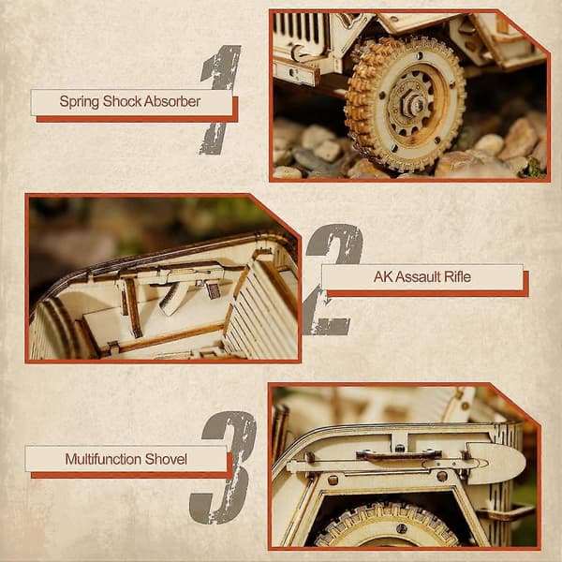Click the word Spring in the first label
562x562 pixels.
click(80, 102)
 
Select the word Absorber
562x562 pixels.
click(172, 101)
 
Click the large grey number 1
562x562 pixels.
click(219, 99)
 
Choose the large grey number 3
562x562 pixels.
click(224, 467)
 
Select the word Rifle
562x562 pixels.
click(457, 276)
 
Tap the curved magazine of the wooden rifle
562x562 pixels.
click(170, 298)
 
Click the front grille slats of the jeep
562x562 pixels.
click(300, 28)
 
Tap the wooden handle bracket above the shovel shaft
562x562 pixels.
click(399, 455)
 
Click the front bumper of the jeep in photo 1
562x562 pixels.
click(296, 72)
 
